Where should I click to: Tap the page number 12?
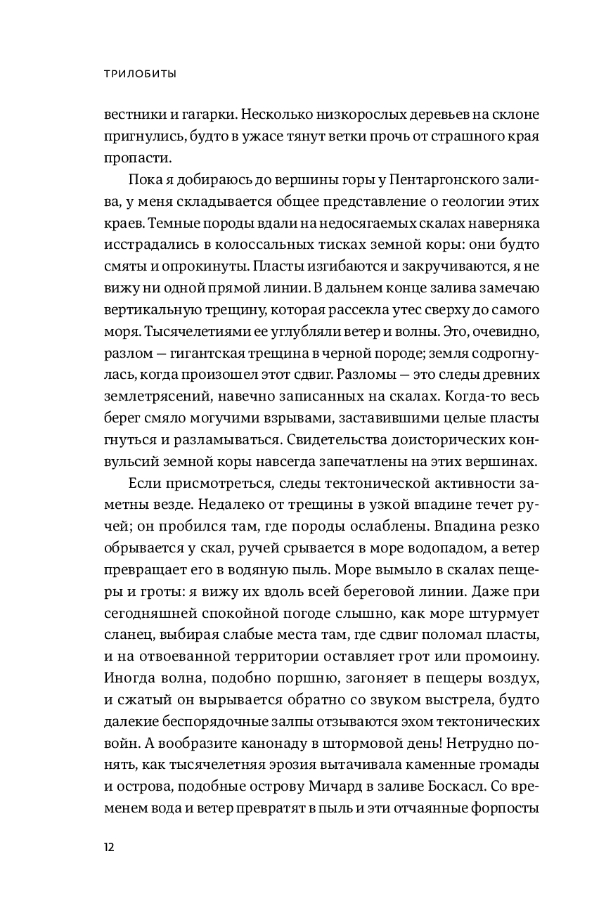click(109, 846)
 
